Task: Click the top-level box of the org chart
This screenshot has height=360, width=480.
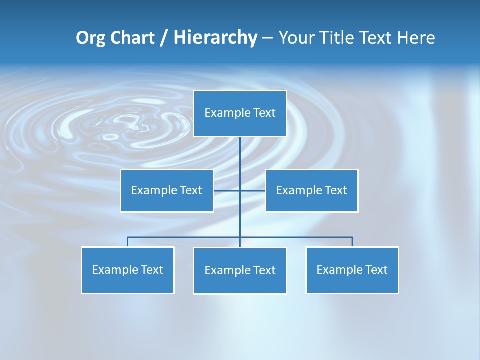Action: (x=240, y=113)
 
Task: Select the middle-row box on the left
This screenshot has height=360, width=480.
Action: (x=167, y=191)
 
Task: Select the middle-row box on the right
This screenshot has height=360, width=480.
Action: (x=311, y=191)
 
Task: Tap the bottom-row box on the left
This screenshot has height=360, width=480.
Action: (x=127, y=270)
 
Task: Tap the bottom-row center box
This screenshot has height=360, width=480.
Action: (x=240, y=271)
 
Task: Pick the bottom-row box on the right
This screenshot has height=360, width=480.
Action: (x=352, y=270)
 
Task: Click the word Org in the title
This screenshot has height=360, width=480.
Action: (x=90, y=38)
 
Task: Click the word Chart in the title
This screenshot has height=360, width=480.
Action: (x=132, y=38)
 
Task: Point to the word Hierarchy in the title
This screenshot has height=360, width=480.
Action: (x=215, y=38)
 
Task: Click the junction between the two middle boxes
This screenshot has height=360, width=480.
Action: (x=240, y=191)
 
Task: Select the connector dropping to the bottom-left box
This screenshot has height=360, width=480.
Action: (x=128, y=242)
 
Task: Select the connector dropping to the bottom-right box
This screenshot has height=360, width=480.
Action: (x=352, y=242)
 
